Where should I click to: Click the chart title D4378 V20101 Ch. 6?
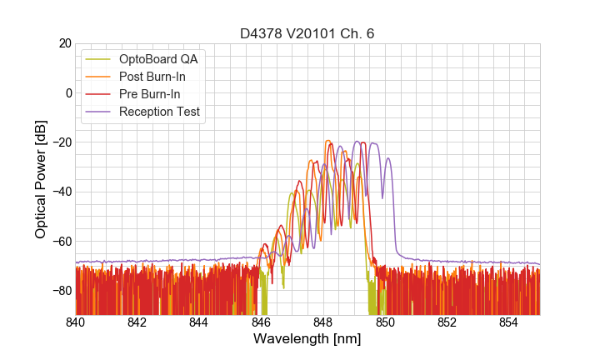tap(307, 34)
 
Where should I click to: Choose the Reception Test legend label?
tap(165, 112)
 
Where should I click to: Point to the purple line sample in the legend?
tap(100, 112)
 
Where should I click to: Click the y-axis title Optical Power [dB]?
tap(41, 179)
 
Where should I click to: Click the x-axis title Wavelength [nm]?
tap(307, 339)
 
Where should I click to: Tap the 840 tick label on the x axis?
tap(75, 322)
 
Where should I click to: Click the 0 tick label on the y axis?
tap(67, 92)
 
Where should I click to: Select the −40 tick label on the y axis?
tap(61, 192)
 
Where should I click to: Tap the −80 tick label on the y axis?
tap(61, 291)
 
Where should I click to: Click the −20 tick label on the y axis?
tap(61, 142)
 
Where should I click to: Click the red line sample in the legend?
tap(100, 94)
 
